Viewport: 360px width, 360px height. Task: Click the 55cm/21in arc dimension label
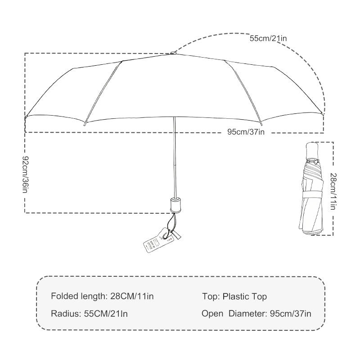click(268, 39)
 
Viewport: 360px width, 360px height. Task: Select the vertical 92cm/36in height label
click(26, 173)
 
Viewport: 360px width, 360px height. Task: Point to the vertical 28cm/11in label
click(333, 191)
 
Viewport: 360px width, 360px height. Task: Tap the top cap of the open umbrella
click(173, 54)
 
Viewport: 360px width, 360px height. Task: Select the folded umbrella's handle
click(311, 150)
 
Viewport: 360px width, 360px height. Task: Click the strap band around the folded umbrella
click(311, 194)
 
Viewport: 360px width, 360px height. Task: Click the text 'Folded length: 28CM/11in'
click(103, 297)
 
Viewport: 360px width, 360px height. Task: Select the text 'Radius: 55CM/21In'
click(90, 314)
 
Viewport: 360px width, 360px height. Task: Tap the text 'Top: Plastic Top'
click(234, 297)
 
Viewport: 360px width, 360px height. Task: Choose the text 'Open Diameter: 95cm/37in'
click(256, 314)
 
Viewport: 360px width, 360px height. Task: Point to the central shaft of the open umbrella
click(174, 157)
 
